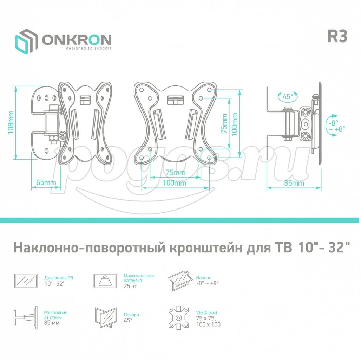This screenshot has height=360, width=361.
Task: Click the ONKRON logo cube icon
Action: [x=26, y=42]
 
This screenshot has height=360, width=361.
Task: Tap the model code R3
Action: [x=337, y=36]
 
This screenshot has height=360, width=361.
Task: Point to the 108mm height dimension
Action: [x=11, y=122]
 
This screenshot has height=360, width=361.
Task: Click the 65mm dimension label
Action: [x=46, y=182]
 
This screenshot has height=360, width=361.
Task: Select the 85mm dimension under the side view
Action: [x=294, y=183]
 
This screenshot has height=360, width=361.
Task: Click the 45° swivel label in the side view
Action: [x=288, y=96]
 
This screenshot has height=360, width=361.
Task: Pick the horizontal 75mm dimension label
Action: [x=176, y=172]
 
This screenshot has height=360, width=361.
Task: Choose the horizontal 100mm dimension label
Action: [x=175, y=183]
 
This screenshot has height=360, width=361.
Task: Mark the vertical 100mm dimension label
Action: [x=234, y=124]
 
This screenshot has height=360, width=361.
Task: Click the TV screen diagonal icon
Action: [x=26, y=281]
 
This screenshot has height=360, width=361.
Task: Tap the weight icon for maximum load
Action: [x=105, y=281]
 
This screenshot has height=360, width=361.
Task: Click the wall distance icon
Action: [x=26, y=318]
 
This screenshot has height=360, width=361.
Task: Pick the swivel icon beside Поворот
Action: [x=106, y=317]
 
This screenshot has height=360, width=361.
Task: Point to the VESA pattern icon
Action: [x=179, y=318]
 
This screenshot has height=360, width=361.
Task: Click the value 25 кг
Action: [x=130, y=286]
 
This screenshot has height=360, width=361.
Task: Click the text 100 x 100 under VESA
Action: [x=208, y=324]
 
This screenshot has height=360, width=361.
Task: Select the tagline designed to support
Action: [x=89, y=49]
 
